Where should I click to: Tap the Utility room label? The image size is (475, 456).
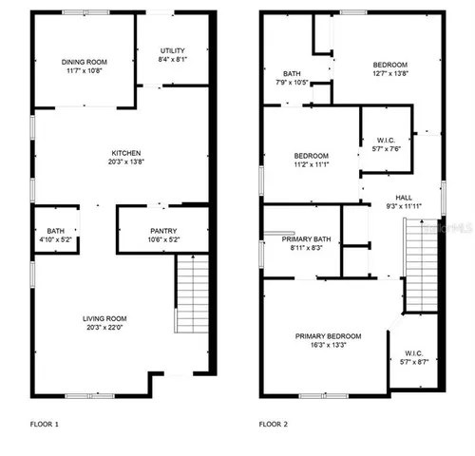pyautogui.click(x=172, y=51)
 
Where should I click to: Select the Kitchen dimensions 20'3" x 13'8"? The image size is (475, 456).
pyautogui.click(x=126, y=163)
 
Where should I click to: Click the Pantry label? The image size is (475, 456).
pyautogui.click(x=163, y=231)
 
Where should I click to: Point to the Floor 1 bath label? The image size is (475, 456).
pyautogui.click(x=55, y=231)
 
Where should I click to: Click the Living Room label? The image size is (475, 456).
pyautogui.click(x=104, y=318)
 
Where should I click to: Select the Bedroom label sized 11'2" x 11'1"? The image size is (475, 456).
pyautogui.click(x=311, y=156)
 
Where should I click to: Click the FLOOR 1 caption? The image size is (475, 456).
pyautogui.click(x=45, y=424)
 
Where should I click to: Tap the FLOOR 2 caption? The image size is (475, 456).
pyautogui.click(x=275, y=424)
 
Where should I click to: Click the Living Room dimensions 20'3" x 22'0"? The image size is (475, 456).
pyautogui.click(x=104, y=328)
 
